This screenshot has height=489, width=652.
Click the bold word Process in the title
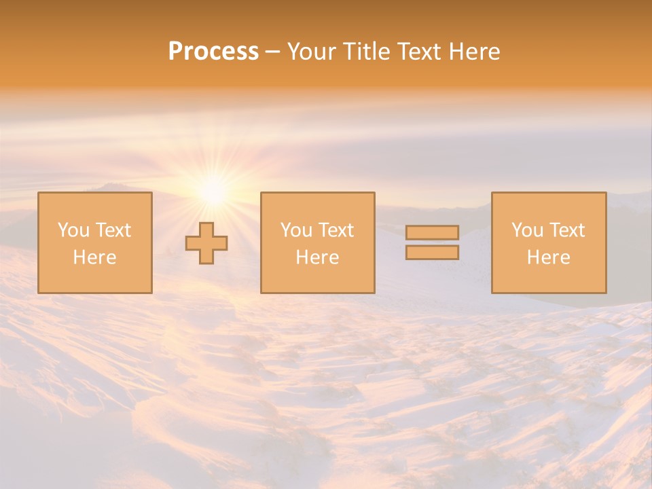(x=213, y=52)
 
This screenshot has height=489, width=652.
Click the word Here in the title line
(x=476, y=52)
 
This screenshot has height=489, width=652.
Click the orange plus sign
(x=206, y=243)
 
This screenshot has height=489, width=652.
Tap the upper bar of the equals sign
(x=432, y=232)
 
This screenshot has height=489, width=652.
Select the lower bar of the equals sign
(x=432, y=253)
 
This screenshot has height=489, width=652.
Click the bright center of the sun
(x=213, y=191)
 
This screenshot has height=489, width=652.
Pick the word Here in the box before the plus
(x=94, y=257)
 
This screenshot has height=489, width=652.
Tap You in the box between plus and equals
(x=296, y=230)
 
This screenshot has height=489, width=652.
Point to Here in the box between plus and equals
(x=317, y=257)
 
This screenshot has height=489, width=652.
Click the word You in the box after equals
(x=527, y=230)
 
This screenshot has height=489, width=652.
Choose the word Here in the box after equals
(x=548, y=257)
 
